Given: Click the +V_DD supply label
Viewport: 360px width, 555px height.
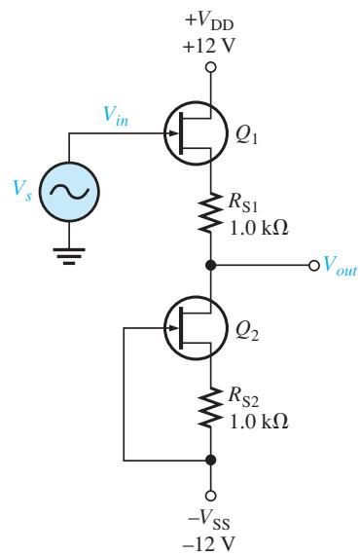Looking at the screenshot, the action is pos(209,21).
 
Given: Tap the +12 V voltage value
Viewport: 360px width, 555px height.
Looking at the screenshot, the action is pos(209,46).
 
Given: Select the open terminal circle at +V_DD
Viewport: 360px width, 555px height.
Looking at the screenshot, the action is pos(211,67).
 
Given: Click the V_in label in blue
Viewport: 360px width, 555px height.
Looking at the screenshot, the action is pos(116,116).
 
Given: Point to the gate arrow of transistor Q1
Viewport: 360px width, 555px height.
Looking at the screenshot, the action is pos(172,133).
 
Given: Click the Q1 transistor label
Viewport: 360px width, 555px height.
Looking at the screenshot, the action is pos(247,135).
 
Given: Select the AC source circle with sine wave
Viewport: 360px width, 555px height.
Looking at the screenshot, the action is pos(69,192).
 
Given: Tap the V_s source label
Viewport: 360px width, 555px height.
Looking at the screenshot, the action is pos(21,190).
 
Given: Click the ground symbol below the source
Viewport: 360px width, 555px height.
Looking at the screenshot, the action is pos(69,257).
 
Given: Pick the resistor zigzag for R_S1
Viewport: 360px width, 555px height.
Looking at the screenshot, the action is pos(211,212).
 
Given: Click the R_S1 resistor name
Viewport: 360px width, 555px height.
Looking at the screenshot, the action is pos(243,203).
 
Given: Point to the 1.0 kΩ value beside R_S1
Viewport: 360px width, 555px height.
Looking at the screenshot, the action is pos(259,228).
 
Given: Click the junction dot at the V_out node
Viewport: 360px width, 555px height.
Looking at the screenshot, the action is pos(211,265).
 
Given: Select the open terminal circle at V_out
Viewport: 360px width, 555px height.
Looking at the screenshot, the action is pos(313,265).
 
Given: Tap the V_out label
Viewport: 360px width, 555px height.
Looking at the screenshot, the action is pos(341,265).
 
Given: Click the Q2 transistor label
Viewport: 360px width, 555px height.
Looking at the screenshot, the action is pos(247,331).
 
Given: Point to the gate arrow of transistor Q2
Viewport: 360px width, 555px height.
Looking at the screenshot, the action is pos(172,328).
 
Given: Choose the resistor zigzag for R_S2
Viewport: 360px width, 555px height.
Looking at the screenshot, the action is pos(211,407).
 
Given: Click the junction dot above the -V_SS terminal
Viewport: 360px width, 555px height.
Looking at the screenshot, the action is pos(211,461).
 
